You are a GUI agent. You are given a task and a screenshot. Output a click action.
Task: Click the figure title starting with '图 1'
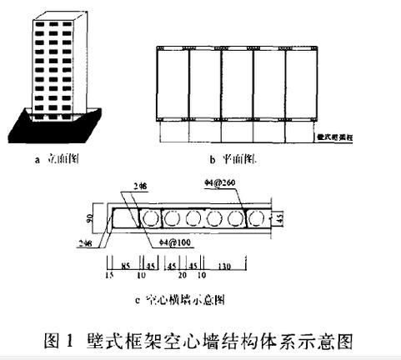point(200,340)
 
